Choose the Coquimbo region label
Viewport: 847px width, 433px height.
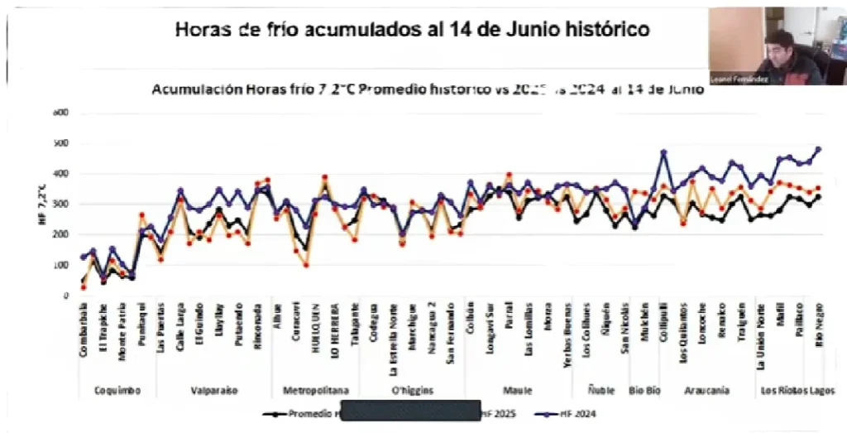point(117,389)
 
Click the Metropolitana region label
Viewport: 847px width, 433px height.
point(315,389)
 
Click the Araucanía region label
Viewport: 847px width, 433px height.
point(706,389)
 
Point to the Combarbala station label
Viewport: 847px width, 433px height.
point(84,334)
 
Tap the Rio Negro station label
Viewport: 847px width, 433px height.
point(819,330)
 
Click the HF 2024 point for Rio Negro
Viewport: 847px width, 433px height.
point(818,150)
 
